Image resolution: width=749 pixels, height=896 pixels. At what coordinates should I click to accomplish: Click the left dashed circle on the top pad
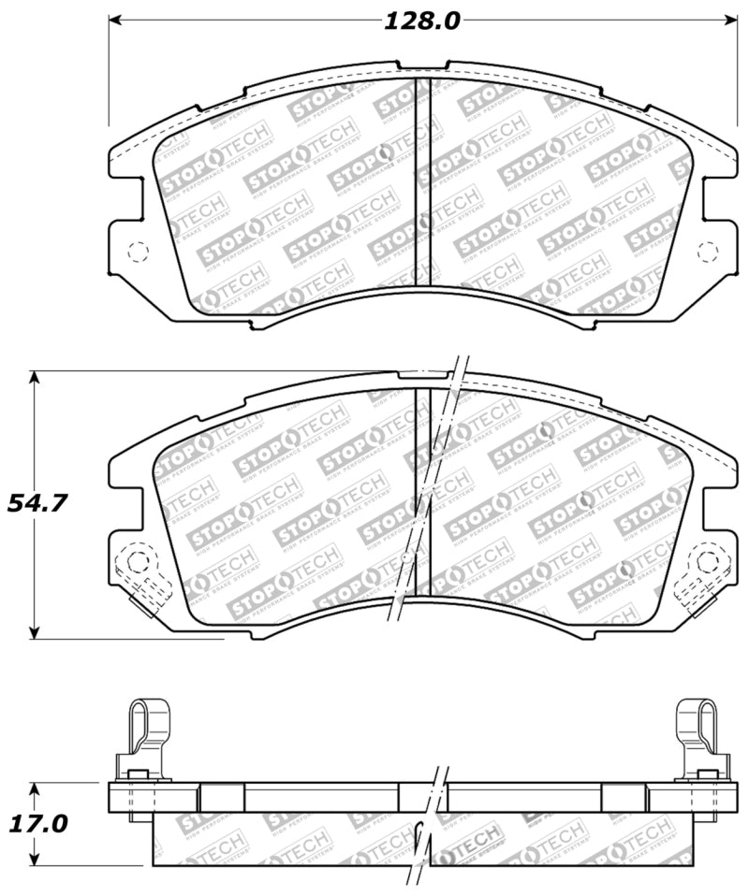(137, 252)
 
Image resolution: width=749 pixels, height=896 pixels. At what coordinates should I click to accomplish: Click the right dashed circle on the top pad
(709, 252)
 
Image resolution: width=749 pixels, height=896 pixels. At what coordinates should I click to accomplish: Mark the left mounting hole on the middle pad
(137, 562)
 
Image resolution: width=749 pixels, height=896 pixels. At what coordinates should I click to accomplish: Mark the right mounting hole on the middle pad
(709, 562)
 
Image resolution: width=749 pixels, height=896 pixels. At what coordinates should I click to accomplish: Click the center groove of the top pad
(422, 182)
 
